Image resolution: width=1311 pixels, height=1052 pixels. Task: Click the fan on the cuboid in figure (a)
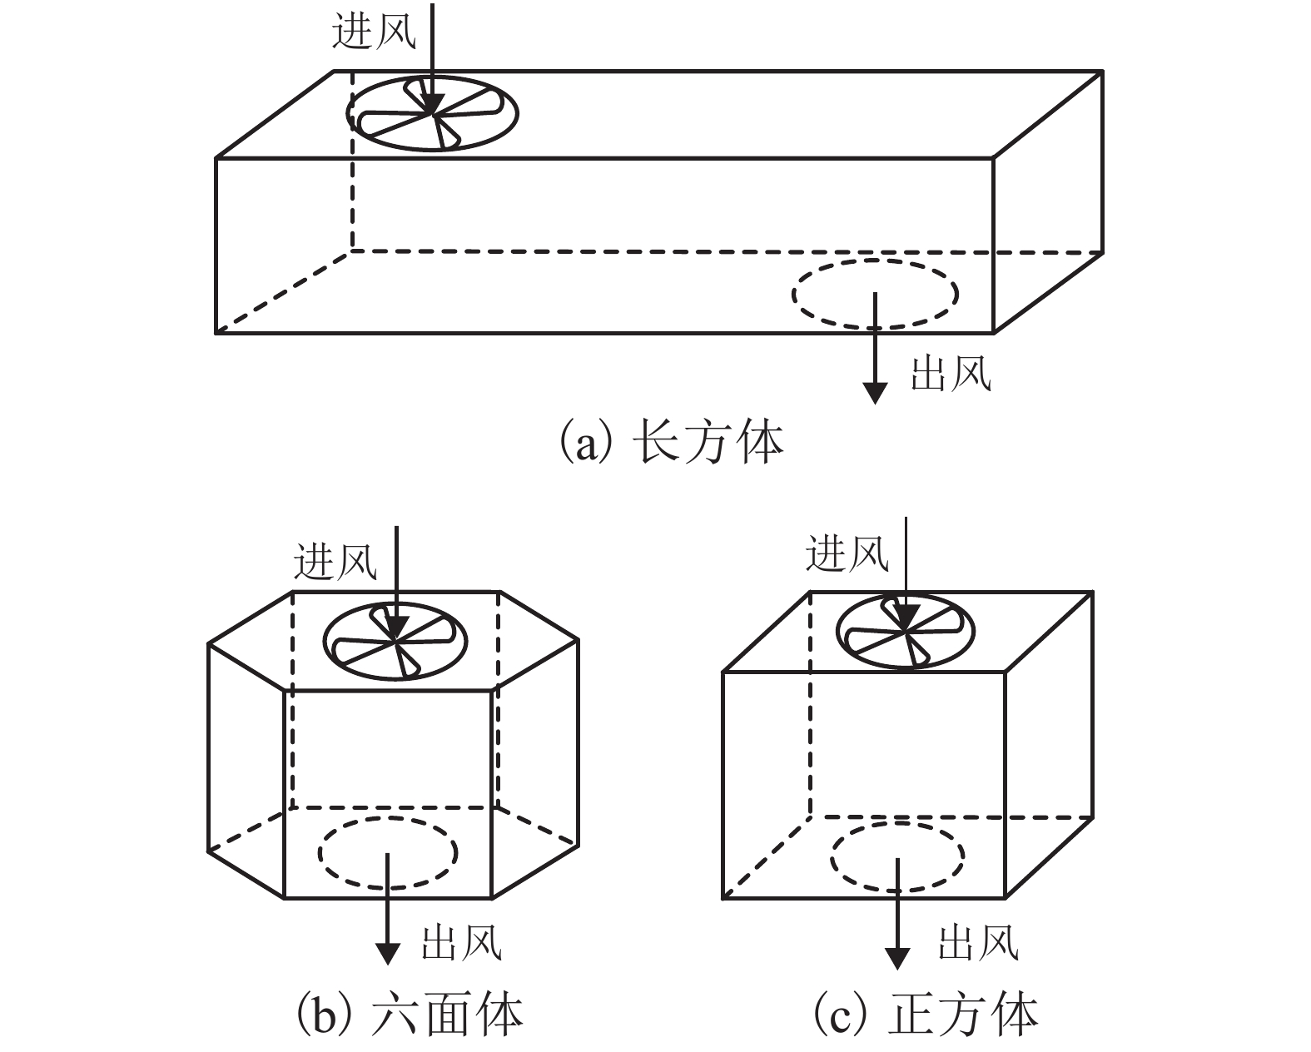[432, 113]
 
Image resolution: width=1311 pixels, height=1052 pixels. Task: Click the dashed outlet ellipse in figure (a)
[874, 293]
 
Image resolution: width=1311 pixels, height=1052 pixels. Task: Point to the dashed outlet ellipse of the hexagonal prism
[387, 852]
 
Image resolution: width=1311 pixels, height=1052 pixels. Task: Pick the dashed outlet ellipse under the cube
[897, 856]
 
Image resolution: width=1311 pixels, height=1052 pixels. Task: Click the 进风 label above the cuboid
[374, 33]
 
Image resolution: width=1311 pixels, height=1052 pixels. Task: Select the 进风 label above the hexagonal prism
[335, 561]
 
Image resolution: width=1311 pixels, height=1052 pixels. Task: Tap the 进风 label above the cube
[847, 553]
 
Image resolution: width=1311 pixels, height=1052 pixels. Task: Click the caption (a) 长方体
[671, 442]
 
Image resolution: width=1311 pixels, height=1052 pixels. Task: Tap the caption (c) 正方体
[925, 1015]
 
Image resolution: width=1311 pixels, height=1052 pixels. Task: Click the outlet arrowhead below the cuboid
[874, 391]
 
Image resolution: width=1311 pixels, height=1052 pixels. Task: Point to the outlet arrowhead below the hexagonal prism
[387, 954]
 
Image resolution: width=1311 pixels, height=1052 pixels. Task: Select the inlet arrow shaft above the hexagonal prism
[395, 566]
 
